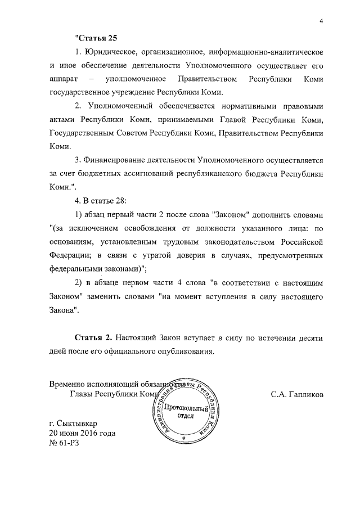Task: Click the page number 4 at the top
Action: pos(321,21)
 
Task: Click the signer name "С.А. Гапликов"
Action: pos(296,394)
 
